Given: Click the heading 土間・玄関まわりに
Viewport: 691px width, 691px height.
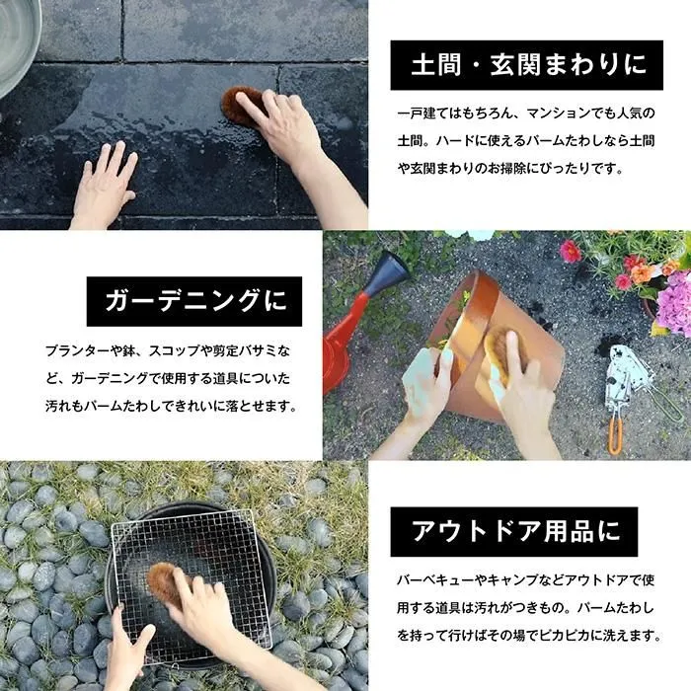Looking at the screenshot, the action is click(x=528, y=65).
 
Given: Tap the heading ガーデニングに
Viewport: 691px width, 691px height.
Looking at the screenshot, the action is click(x=195, y=301).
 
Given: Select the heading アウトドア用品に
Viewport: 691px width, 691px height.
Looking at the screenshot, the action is click(x=515, y=531).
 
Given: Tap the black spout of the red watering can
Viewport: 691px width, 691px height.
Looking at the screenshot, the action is click(x=386, y=273).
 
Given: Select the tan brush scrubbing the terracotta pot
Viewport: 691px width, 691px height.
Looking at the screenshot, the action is click(x=502, y=352).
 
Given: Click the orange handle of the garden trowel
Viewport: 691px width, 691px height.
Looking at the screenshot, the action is click(x=616, y=436).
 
